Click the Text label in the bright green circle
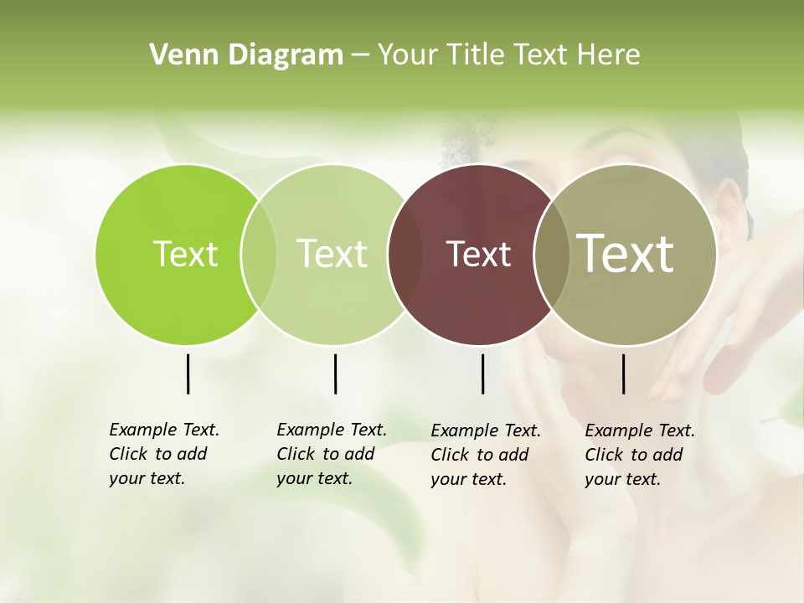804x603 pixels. [x=185, y=254]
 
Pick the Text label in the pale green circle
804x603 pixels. [x=332, y=254]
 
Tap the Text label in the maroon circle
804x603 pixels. [x=478, y=254]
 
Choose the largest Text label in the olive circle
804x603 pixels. [x=626, y=253]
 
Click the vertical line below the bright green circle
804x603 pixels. [x=188, y=374]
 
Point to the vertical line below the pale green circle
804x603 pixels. [x=335, y=374]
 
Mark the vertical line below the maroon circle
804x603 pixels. [x=482, y=374]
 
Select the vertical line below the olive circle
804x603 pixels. [x=623, y=374]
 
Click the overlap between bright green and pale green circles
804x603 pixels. [x=259, y=255]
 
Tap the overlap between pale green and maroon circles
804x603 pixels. [x=405, y=255]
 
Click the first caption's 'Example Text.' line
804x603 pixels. [x=164, y=430]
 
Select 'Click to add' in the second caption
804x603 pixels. [x=325, y=454]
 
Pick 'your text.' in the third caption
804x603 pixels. [x=468, y=479]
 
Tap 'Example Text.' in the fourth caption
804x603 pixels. [x=640, y=430]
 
